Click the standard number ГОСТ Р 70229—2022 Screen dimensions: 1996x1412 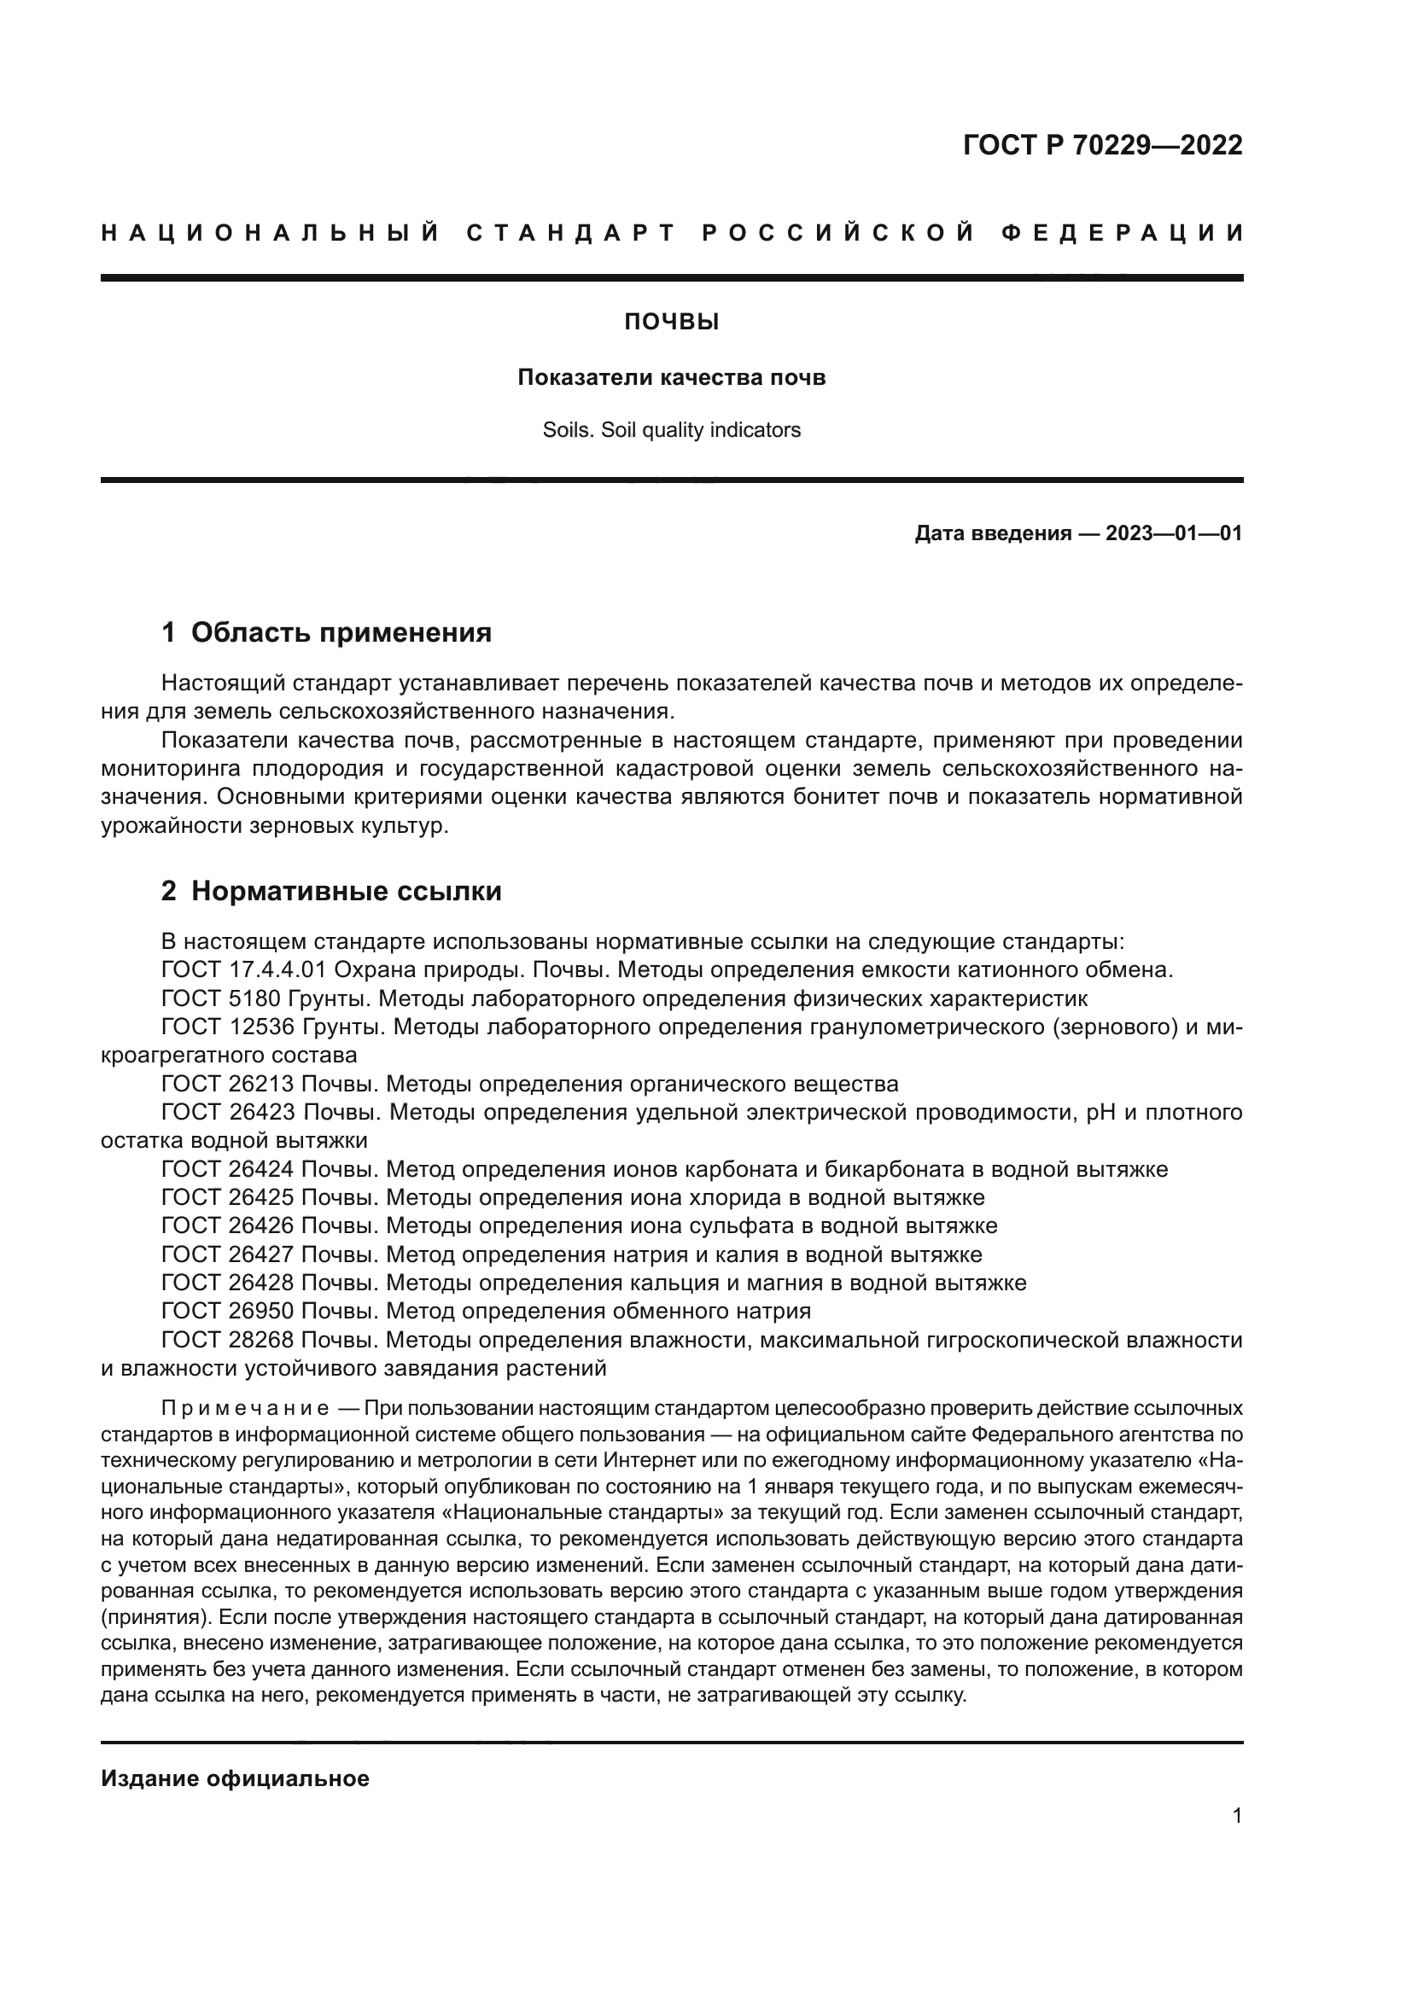(1102, 145)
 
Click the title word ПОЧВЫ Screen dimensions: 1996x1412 (672, 323)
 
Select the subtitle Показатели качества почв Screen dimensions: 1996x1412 (672, 378)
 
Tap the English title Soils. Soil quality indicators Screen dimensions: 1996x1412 (672, 430)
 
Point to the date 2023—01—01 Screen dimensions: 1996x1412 (1174, 533)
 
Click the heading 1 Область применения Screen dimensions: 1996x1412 (327, 633)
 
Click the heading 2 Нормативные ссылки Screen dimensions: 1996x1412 (331, 891)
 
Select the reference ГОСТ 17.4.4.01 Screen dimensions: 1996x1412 (244, 970)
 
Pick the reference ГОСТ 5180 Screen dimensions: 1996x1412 (228, 999)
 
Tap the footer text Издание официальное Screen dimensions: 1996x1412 (236, 1778)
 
